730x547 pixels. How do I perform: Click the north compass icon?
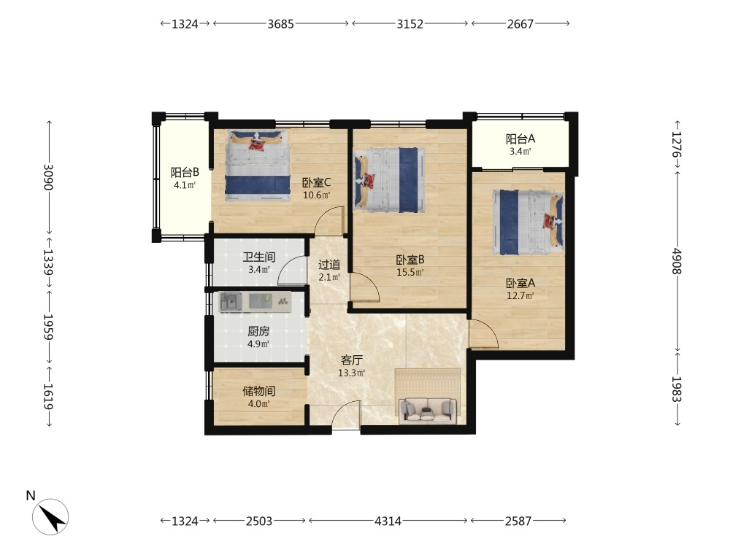(50, 516)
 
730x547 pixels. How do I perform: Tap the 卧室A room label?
(520, 283)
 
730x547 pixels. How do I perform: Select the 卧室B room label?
(410, 260)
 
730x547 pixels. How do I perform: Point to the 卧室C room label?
(317, 182)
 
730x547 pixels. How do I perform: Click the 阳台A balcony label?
(520, 139)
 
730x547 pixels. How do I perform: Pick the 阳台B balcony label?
(185, 172)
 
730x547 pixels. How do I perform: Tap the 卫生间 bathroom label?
(259, 257)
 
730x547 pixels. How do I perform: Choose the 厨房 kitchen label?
(258, 331)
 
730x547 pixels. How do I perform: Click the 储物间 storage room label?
(259, 391)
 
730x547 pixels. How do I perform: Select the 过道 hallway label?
(329, 265)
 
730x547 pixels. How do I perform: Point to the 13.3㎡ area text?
(352, 373)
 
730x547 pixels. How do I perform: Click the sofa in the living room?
(428, 409)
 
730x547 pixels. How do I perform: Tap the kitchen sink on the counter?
(231, 302)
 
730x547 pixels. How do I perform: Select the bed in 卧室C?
(258, 166)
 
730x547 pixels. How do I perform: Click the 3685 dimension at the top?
(281, 24)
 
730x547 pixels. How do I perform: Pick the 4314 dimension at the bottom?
(388, 521)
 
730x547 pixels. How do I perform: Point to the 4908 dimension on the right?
(677, 261)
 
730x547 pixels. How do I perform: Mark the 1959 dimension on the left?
(48, 327)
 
